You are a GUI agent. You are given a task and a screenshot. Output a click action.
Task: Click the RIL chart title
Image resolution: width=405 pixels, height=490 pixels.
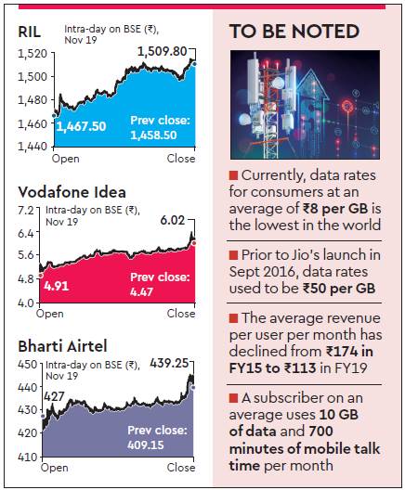(x=29, y=32)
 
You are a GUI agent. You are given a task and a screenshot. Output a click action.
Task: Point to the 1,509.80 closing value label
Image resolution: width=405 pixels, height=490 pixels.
(x=162, y=50)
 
